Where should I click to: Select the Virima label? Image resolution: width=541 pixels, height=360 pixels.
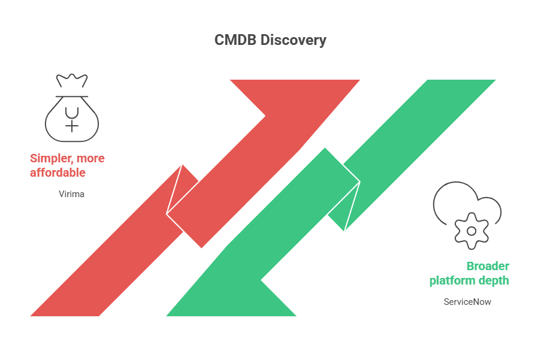coord(71,194)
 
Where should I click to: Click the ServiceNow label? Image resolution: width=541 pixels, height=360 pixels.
coord(467,302)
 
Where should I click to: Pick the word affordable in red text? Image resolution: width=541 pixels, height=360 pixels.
coord(58,173)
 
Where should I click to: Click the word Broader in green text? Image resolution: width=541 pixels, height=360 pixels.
coord(488,266)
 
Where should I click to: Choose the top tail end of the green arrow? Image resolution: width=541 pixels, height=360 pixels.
coord(461,87)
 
